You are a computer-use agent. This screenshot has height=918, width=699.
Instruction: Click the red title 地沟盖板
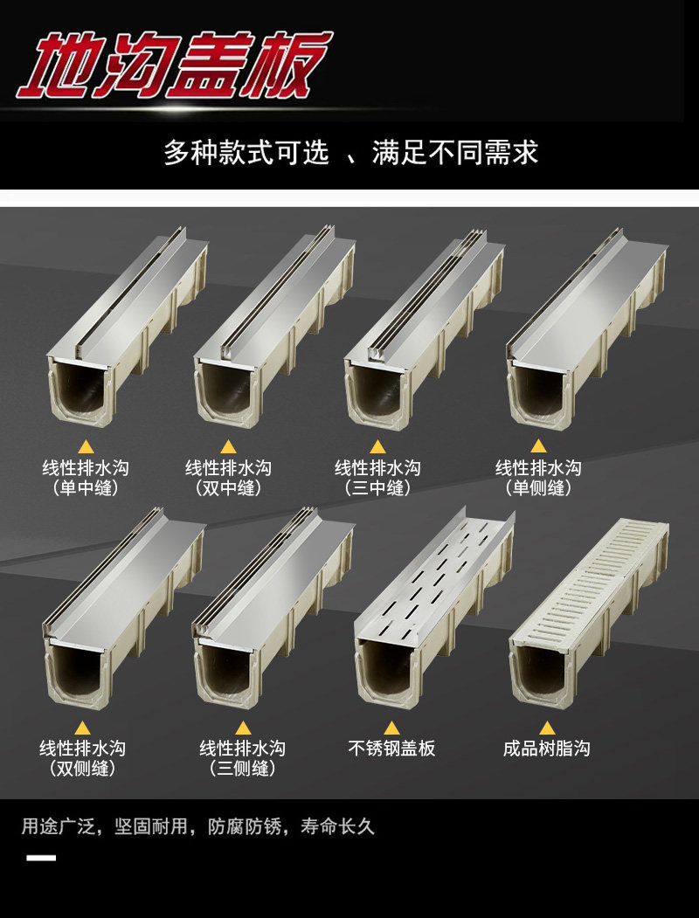[x=175, y=66]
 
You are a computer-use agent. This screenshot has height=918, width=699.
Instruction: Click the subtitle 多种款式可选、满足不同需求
[x=350, y=154]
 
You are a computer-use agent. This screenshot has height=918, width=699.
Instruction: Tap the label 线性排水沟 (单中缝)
[x=86, y=478]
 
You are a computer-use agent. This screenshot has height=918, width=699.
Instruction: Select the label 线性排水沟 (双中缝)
[x=229, y=478]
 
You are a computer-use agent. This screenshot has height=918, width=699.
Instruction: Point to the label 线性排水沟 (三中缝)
[x=377, y=478]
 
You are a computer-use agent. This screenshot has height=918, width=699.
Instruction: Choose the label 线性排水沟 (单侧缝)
[x=538, y=478]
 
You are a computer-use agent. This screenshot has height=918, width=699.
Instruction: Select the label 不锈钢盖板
[x=391, y=749]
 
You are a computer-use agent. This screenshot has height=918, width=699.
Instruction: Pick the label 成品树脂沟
[x=547, y=749]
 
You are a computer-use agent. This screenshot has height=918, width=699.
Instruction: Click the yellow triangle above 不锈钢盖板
[x=391, y=727]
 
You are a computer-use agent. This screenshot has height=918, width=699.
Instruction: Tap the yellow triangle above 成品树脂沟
[x=547, y=727]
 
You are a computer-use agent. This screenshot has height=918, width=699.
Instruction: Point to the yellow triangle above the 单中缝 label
[x=86, y=446]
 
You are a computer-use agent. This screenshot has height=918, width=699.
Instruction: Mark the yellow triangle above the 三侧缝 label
[x=242, y=727]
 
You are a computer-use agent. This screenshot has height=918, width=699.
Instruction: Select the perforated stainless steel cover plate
[x=433, y=576]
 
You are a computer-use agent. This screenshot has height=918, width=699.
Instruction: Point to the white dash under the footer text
[x=41, y=858]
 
